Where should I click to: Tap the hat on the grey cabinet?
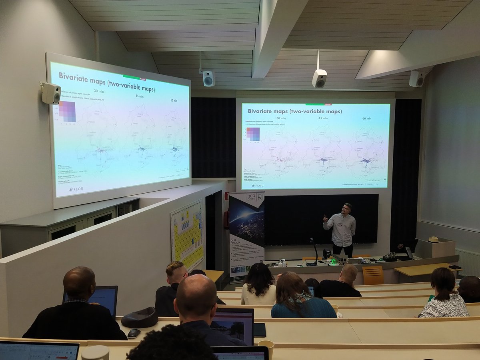433,239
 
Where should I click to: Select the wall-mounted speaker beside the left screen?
52,94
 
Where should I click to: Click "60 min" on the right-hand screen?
367,119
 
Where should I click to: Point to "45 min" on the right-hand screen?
323,118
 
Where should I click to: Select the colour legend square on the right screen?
253,134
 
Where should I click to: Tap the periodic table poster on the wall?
187,234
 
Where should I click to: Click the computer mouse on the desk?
134,333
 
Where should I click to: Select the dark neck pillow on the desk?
140,318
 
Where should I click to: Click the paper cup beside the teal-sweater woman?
335,308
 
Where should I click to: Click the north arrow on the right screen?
385,180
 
